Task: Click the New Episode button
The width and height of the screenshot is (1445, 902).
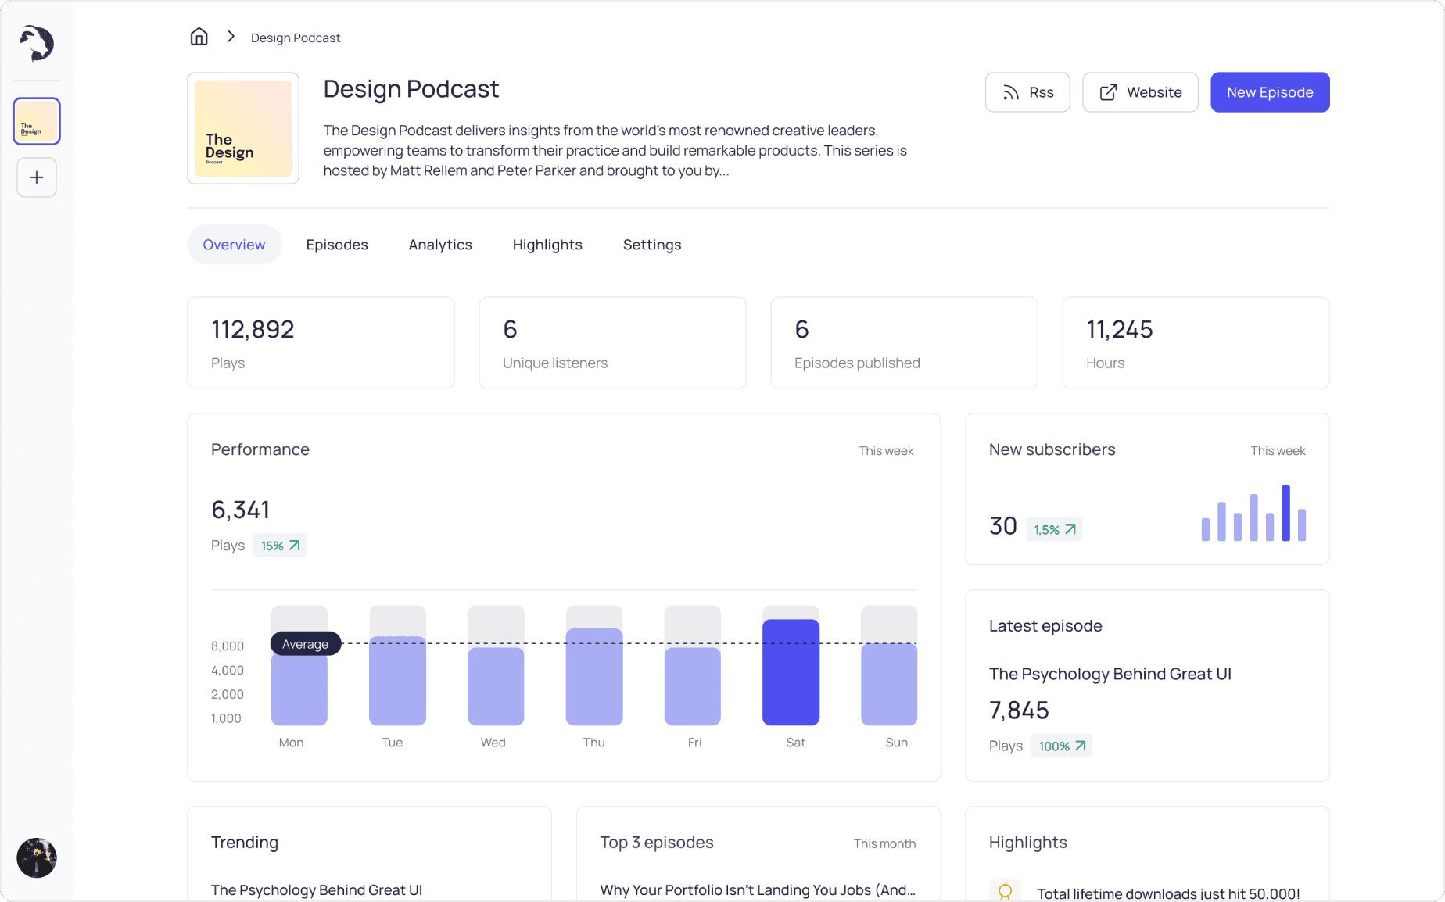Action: coord(1270,92)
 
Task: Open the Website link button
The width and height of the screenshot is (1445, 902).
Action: coord(1140,92)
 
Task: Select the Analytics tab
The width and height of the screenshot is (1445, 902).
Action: coord(440,245)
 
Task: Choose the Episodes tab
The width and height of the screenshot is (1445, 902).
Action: coord(337,245)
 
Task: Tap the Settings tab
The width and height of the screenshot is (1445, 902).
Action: coord(652,245)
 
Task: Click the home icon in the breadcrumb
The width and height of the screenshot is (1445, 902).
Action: coord(199,37)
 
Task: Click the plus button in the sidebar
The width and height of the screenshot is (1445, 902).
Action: coord(37,177)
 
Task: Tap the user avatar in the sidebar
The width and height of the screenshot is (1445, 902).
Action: coord(37,857)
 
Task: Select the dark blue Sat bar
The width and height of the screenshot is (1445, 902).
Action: coord(791,672)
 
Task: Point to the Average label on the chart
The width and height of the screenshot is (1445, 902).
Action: coord(306,643)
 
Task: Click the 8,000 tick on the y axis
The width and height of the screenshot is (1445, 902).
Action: coord(228,646)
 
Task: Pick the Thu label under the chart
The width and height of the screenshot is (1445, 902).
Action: coord(593,743)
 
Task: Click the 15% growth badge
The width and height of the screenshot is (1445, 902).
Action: coord(280,546)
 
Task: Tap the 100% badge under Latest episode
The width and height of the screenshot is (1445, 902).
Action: coord(1062,746)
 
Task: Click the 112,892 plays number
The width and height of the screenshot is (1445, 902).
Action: coord(253,330)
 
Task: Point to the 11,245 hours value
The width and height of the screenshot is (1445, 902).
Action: coord(1120,330)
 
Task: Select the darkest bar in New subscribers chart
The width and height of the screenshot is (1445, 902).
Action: coord(1285,513)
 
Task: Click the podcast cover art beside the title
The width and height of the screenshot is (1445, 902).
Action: coord(243,128)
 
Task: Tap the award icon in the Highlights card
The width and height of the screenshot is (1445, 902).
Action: coord(1006,892)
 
